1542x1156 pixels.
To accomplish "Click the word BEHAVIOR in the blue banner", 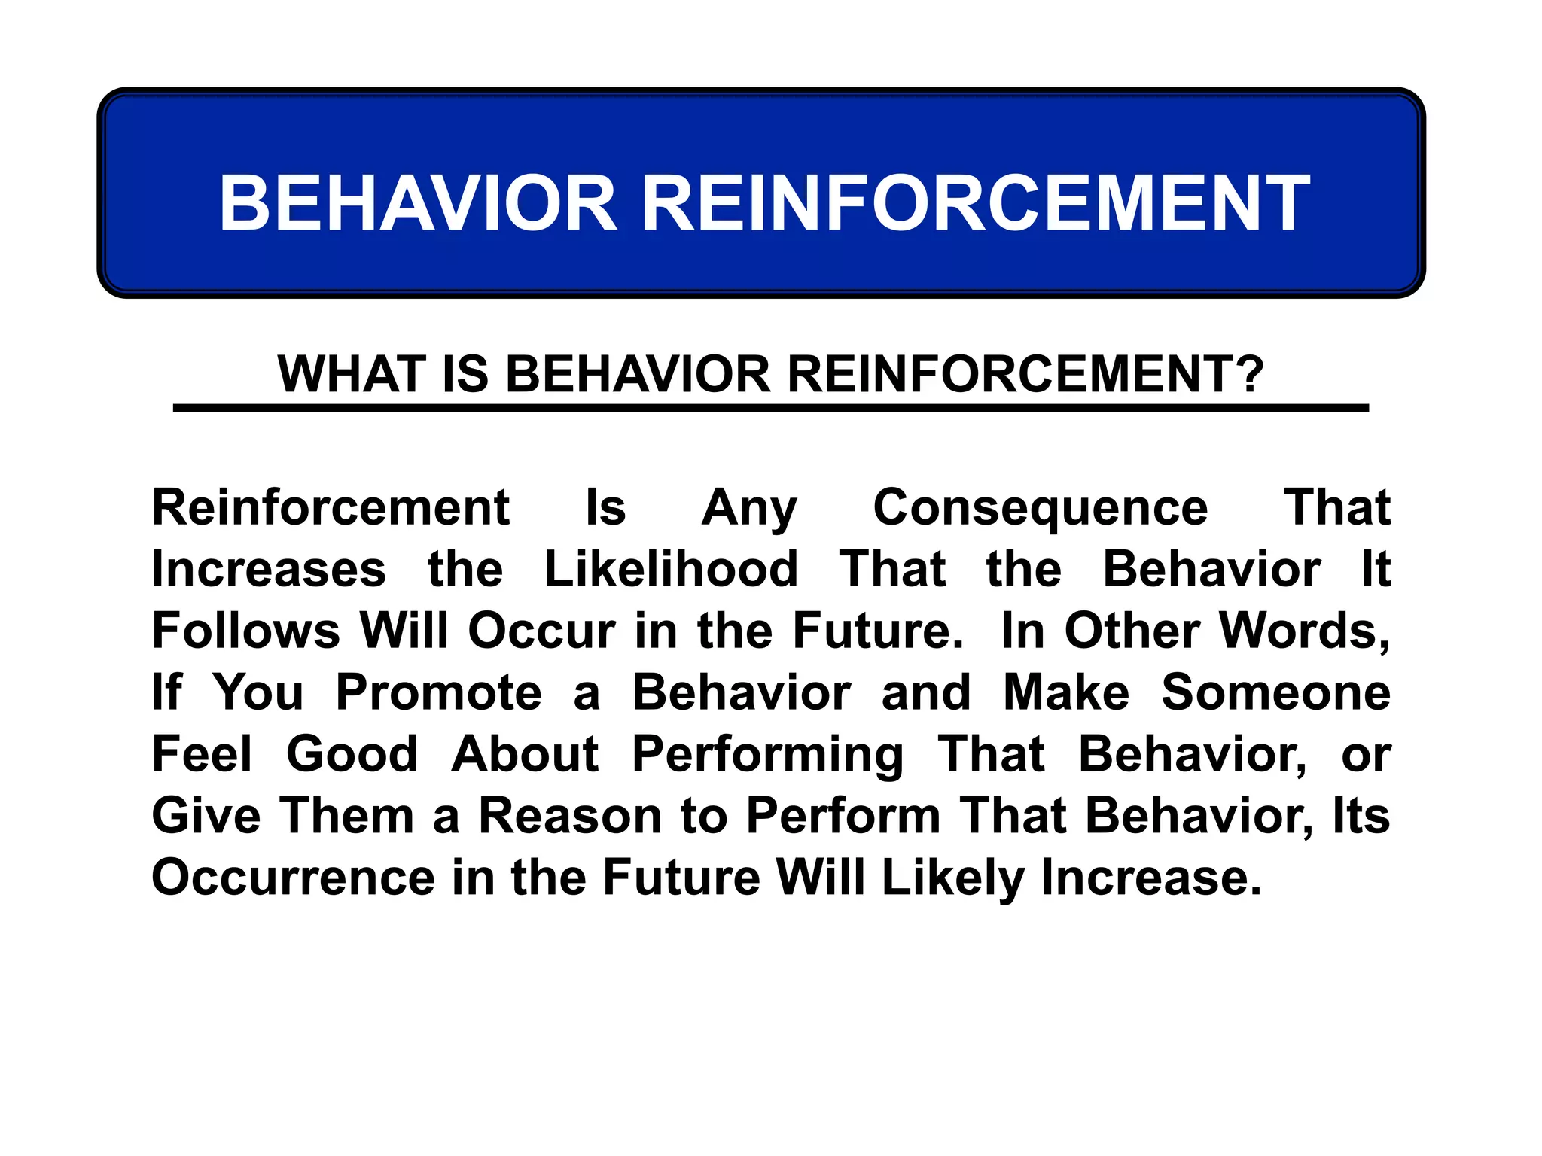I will pyautogui.click(x=418, y=203).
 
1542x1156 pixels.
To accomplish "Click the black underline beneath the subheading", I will pyautogui.click(x=770, y=408).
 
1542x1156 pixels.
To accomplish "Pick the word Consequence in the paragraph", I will pyautogui.click(x=1040, y=508).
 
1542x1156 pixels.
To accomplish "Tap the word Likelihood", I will pyautogui.click(x=671, y=569).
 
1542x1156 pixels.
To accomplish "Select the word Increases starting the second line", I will pyautogui.click(x=269, y=569).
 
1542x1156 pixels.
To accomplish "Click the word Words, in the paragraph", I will pyautogui.click(x=1304, y=631).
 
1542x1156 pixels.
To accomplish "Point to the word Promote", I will pyautogui.click(x=438, y=692).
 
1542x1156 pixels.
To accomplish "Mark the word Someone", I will pyautogui.click(x=1275, y=692).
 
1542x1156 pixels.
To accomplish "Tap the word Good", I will pyautogui.click(x=352, y=754).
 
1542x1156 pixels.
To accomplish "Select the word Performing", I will pyautogui.click(x=767, y=756).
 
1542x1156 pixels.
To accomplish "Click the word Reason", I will pyautogui.click(x=570, y=816).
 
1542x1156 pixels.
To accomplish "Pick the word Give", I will pyautogui.click(x=206, y=816).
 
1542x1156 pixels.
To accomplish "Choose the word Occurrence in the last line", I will pyautogui.click(x=294, y=878).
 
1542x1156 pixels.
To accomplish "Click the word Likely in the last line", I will pyautogui.click(x=953, y=879).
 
